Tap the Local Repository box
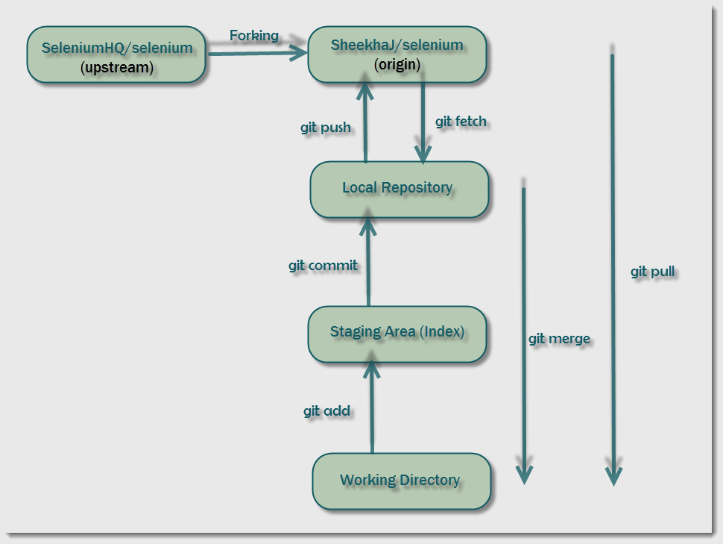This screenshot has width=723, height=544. [398, 188]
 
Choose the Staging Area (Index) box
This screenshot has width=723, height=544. [397, 332]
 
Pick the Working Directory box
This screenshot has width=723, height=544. [400, 480]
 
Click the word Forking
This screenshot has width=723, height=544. [253, 35]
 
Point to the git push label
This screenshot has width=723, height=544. [326, 128]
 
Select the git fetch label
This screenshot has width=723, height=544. [461, 121]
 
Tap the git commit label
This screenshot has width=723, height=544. [323, 265]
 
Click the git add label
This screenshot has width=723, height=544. [326, 410]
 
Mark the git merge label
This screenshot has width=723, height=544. [559, 338]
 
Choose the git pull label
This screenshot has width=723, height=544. [653, 272]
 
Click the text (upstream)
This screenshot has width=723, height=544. [116, 68]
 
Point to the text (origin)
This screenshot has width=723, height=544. [397, 65]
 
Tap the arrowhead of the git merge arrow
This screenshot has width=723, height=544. [524, 475]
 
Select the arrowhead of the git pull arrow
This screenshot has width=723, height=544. [613, 475]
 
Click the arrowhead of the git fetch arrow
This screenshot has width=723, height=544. [423, 154]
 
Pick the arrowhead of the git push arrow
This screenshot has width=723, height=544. [365, 91]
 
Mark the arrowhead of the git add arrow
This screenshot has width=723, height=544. [370, 366]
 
